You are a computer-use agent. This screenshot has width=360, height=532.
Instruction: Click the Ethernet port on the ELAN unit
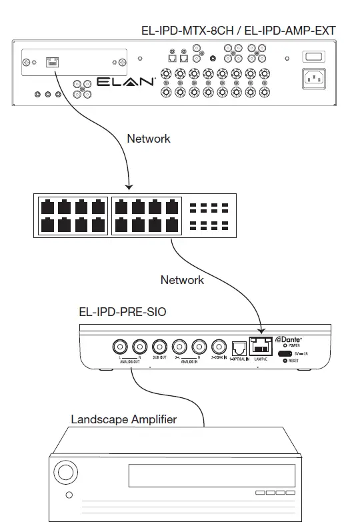[x=51, y=62]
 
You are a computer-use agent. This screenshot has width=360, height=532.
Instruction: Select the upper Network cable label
[x=148, y=139]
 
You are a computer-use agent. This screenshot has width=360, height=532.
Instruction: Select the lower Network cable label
[x=182, y=279]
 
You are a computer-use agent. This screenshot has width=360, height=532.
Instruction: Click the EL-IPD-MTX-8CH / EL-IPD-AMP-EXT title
[x=238, y=30]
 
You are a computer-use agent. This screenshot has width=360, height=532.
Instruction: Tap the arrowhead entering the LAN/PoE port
[x=261, y=329]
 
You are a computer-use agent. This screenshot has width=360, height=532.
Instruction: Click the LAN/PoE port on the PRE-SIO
[x=261, y=347]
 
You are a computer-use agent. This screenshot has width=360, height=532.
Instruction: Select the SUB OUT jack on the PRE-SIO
[x=159, y=347]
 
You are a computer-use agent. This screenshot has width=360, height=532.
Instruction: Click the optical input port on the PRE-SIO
[x=239, y=347]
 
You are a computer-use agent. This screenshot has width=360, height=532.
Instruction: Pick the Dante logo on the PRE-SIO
[x=291, y=339]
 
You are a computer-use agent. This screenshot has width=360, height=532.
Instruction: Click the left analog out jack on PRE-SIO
[x=120, y=347]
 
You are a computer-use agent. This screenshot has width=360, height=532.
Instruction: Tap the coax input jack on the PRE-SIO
[x=219, y=347]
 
